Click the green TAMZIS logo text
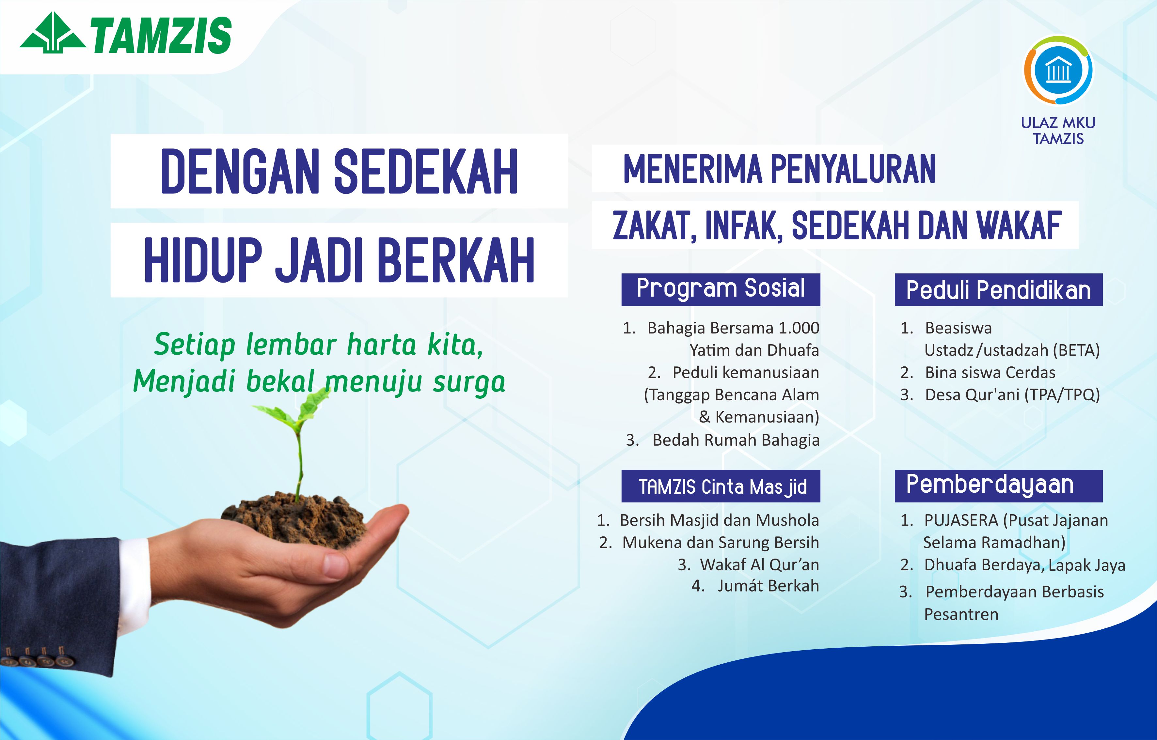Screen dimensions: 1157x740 pyautogui.click(x=161, y=35)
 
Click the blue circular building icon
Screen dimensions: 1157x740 pyautogui.click(x=1058, y=70)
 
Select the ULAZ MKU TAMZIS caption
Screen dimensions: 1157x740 pyautogui.click(x=1058, y=130)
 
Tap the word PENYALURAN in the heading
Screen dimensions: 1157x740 pyautogui.click(x=853, y=169)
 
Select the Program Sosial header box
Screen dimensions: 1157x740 pyautogui.click(x=721, y=289)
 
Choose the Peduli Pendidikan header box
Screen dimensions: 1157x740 pyautogui.click(x=998, y=289)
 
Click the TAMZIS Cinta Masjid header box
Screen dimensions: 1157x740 pyautogui.click(x=721, y=486)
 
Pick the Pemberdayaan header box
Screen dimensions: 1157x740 pyautogui.click(x=998, y=486)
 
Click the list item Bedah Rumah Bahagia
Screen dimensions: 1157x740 pyautogui.click(x=736, y=440)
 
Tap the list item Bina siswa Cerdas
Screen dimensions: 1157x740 pyautogui.click(x=990, y=372)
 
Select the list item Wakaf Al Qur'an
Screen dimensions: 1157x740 pyautogui.click(x=759, y=564)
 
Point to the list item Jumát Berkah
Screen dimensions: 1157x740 pyautogui.click(x=768, y=586)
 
